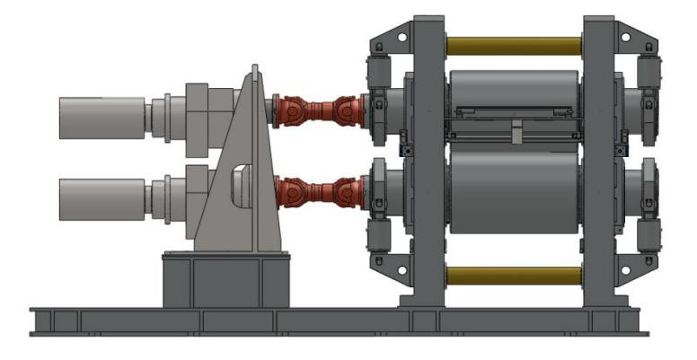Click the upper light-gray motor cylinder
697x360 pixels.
[x=100, y=113]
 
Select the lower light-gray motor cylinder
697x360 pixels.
[x=100, y=198]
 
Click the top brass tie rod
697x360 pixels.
[x=513, y=44]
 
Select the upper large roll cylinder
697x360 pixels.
[x=513, y=91]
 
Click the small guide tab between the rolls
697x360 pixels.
[x=516, y=134]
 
